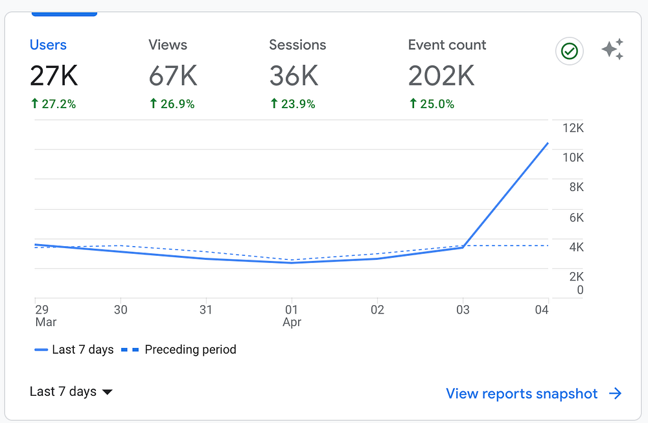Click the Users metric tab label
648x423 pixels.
click(48, 45)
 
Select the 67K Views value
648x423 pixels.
click(172, 76)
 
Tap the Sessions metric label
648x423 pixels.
click(297, 45)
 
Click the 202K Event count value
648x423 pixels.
click(441, 76)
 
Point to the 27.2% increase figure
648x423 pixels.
click(53, 104)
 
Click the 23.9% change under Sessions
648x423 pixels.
click(293, 104)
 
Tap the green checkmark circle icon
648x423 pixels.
click(570, 52)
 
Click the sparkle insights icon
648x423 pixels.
click(612, 50)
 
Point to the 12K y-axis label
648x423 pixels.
click(573, 128)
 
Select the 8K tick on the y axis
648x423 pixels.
click(576, 187)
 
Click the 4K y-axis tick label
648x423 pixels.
click(576, 247)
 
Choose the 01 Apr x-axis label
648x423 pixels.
click(292, 315)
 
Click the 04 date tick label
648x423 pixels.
click(542, 310)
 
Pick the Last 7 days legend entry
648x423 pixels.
click(75, 350)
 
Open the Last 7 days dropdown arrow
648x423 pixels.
click(108, 392)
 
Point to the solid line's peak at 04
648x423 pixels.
click(548, 143)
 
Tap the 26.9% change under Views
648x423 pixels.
click(172, 104)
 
